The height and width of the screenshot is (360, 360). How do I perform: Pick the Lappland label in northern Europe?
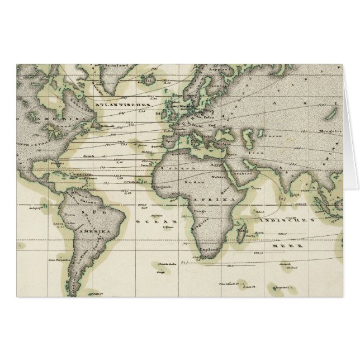(x=217, y=70)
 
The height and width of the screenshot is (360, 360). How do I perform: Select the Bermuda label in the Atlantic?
(x=87, y=156)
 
